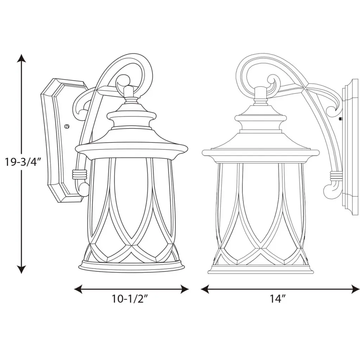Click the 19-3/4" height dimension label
point(22,162)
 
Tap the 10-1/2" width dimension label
point(131,299)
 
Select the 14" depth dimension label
point(277,299)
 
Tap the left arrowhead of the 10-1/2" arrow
point(78,289)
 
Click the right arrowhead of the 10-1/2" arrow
point(185,289)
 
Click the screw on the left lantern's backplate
point(67,126)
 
